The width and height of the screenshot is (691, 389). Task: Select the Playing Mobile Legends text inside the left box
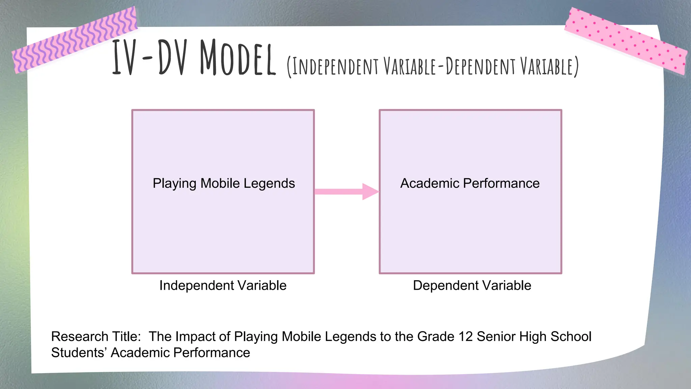click(x=224, y=183)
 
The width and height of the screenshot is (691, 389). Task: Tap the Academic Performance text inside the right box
click(x=470, y=183)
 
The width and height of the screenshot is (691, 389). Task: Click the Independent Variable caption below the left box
click(x=223, y=285)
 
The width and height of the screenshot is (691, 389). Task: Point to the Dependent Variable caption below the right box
click(x=472, y=285)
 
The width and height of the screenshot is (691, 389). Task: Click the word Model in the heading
click(x=238, y=58)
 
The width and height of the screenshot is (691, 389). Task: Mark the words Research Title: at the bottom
click(x=96, y=337)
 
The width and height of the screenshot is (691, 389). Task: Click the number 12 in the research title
click(x=466, y=337)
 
